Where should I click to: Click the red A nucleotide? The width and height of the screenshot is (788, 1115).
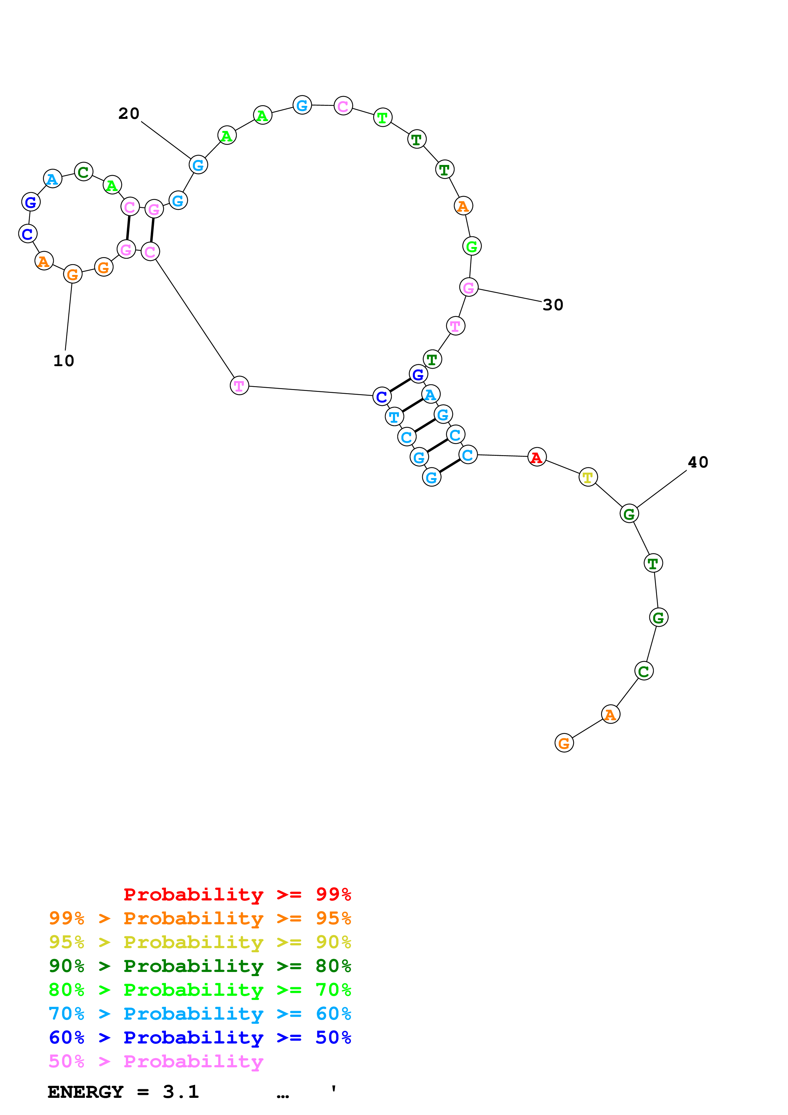click(x=537, y=457)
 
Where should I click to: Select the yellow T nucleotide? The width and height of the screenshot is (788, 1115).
click(x=588, y=477)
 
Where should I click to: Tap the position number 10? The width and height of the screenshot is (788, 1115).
click(x=64, y=361)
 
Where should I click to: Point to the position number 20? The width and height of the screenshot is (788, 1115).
click(x=129, y=114)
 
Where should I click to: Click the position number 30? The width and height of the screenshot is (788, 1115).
click(x=552, y=305)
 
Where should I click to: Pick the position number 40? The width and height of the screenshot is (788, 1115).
click(x=698, y=462)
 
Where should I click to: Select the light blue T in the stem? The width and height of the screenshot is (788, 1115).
click(x=394, y=417)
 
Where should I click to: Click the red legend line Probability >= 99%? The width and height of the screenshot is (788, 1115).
click(x=237, y=894)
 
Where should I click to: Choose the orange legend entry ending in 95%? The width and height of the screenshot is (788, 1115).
click(x=200, y=918)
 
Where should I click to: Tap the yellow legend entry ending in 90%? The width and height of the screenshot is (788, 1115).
click(x=200, y=942)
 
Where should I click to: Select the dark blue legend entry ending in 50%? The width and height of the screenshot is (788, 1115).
click(x=200, y=1037)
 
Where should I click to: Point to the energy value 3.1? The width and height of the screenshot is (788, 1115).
click(x=181, y=1092)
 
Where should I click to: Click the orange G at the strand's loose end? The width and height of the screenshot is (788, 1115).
click(x=564, y=743)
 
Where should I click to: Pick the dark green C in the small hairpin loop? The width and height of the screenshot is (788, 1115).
click(x=84, y=172)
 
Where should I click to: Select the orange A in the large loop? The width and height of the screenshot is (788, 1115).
click(x=463, y=206)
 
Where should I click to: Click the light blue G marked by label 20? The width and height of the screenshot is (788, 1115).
click(x=198, y=165)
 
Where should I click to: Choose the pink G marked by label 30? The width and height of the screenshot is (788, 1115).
click(x=469, y=288)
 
